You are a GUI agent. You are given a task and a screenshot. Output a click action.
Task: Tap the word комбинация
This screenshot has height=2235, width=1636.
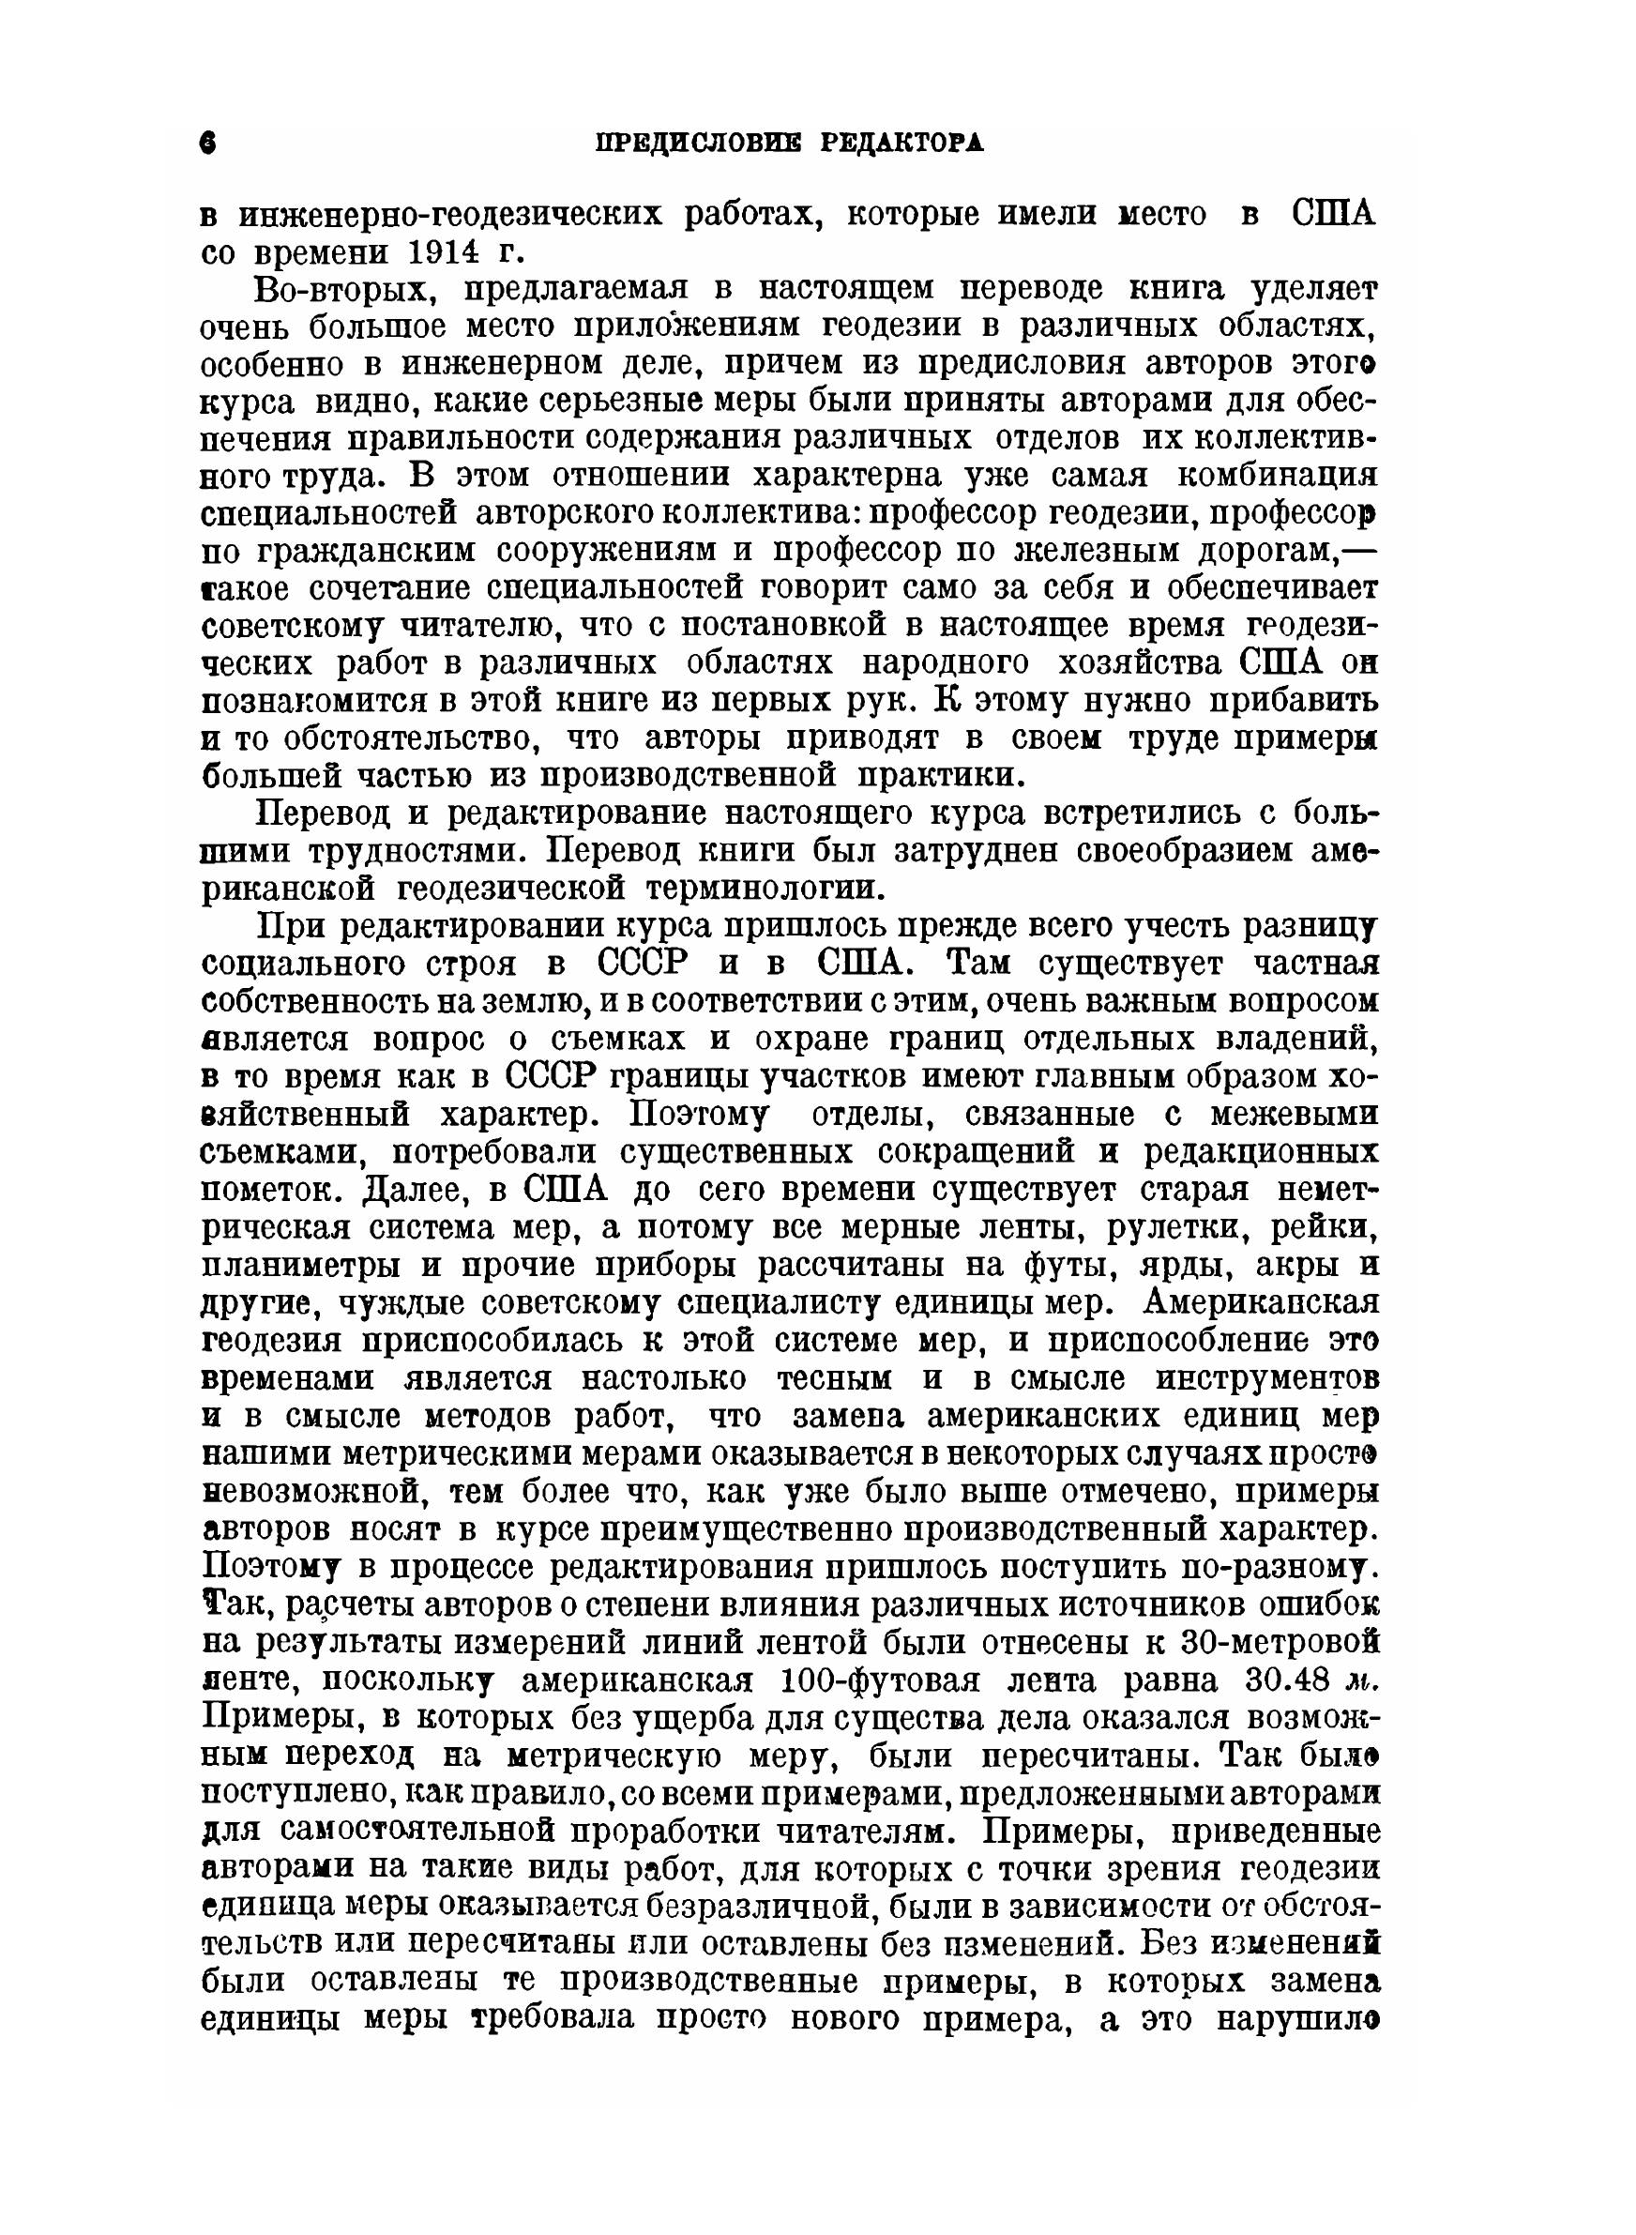coord(1278,476)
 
